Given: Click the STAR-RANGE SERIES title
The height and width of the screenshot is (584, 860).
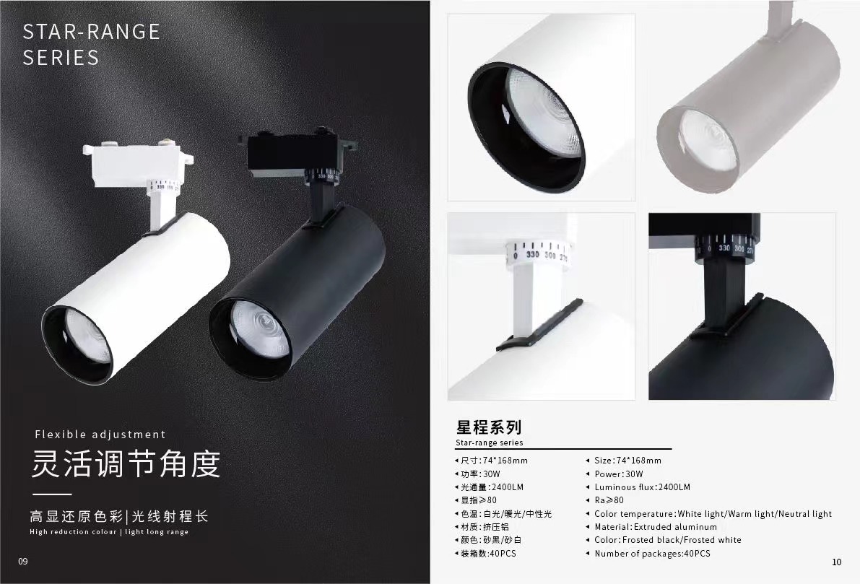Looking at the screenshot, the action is click(91, 45).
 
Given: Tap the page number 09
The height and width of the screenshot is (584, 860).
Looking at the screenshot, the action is click(23, 561).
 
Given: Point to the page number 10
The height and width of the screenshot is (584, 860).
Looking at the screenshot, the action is click(836, 562).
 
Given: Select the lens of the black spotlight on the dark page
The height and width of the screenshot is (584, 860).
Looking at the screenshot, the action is click(259, 329).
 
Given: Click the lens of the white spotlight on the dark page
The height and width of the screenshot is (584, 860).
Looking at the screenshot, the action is click(87, 336).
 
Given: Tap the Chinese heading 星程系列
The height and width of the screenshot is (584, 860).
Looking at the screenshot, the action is click(489, 427).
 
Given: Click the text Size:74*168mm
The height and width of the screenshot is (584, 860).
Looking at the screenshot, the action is click(627, 461).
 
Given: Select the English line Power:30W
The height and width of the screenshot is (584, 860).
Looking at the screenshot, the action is click(619, 474).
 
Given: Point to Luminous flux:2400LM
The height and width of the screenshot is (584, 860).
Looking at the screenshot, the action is click(642, 487).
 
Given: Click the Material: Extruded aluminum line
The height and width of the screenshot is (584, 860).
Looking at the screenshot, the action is click(656, 527).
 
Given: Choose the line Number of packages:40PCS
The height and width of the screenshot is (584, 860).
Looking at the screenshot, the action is click(652, 553).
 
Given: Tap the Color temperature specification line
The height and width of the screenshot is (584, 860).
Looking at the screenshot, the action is click(713, 514).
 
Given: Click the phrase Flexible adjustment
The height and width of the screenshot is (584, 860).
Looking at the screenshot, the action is click(100, 435).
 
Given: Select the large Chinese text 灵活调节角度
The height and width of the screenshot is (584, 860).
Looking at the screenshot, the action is click(126, 464).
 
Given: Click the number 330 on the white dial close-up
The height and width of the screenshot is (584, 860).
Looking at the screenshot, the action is click(533, 254).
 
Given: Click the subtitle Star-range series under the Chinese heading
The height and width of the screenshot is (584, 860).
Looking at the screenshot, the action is click(490, 443).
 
